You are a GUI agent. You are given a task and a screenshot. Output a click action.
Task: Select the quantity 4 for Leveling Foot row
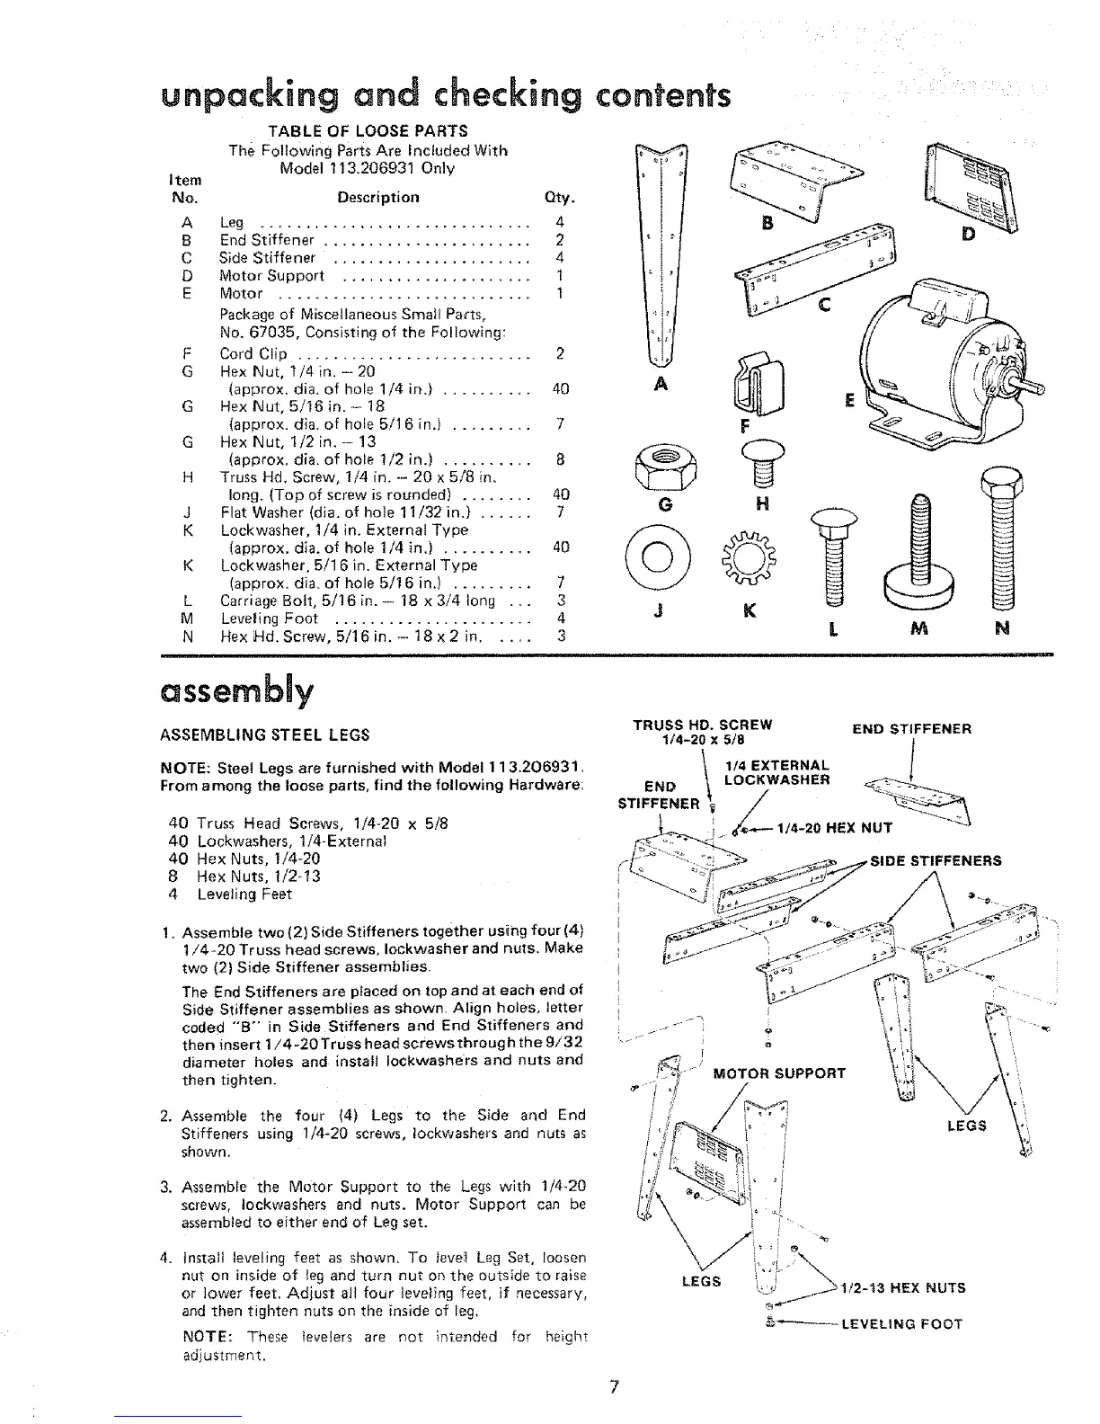(560, 619)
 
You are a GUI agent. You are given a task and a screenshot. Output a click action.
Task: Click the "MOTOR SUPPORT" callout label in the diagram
(779, 1073)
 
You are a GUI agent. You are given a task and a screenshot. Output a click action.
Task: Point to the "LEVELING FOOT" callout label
(901, 1323)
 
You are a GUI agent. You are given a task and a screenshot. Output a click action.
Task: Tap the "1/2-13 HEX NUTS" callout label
(902, 1287)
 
